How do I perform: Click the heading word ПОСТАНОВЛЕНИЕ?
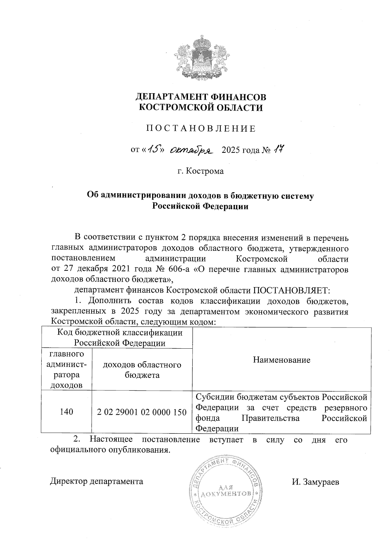200,128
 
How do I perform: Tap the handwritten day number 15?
152,150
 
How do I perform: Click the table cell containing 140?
66,412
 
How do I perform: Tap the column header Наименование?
282,360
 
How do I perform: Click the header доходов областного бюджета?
142,370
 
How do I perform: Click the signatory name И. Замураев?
315,482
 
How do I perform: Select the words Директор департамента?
96,481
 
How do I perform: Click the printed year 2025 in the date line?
231,150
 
